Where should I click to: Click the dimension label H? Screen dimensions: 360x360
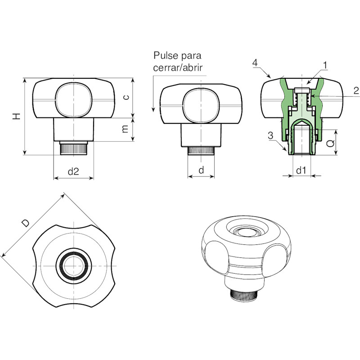(x=17, y=117)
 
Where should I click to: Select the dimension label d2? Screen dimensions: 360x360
(x=73, y=171)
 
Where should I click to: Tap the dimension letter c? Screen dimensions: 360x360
(x=126, y=97)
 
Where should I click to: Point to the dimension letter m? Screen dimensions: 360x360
(x=125, y=129)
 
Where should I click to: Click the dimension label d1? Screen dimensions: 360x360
(x=301, y=171)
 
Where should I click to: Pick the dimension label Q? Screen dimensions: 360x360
(x=330, y=144)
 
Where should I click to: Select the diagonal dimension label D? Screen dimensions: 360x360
(x=26, y=223)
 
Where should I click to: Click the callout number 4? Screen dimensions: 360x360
(x=255, y=63)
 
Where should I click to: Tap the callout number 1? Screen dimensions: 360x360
(x=324, y=65)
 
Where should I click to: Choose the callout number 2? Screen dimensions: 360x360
(x=356, y=91)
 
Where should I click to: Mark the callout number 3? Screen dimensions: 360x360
(x=271, y=135)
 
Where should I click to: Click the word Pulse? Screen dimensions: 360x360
(x=165, y=55)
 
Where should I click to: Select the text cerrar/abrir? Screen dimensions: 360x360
(x=178, y=68)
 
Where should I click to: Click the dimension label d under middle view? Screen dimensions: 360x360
(x=201, y=170)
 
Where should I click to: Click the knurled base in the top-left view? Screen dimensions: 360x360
(x=73, y=149)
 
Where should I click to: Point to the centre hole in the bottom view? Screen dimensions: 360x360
(x=74, y=266)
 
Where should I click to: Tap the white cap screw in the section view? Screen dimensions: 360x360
(x=302, y=90)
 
